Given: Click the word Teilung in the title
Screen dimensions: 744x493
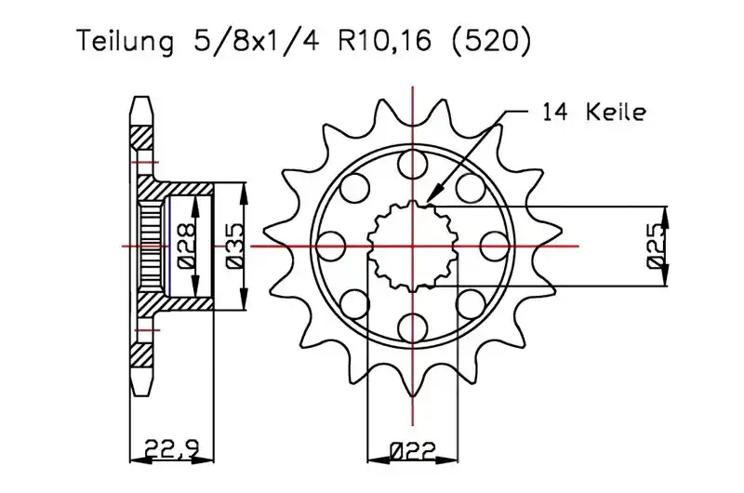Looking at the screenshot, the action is pyautogui.click(x=126, y=42).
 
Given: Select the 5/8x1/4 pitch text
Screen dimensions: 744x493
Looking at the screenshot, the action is pyautogui.click(x=257, y=41).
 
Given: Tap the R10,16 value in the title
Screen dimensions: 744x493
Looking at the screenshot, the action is pyautogui.click(x=385, y=41).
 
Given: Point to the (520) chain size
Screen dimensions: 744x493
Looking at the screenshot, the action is pyautogui.click(x=491, y=42).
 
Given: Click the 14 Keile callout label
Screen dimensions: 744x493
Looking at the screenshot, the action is pyautogui.click(x=593, y=113).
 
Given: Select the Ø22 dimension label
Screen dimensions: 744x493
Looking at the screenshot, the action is pyautogui.click(x=412, y=451).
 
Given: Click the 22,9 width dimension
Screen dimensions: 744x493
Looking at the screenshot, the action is pyautogui.click(x=172, y=448).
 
